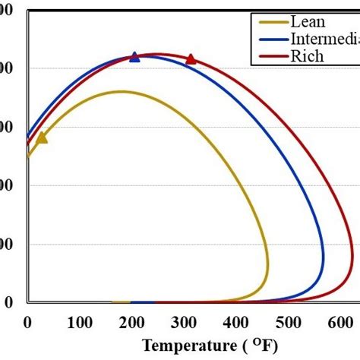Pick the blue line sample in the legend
[268, 39]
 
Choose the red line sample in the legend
[268, 55]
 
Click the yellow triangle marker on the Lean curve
[42, 137]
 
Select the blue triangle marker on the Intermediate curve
[134, 57]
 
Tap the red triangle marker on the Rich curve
[191, 59]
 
